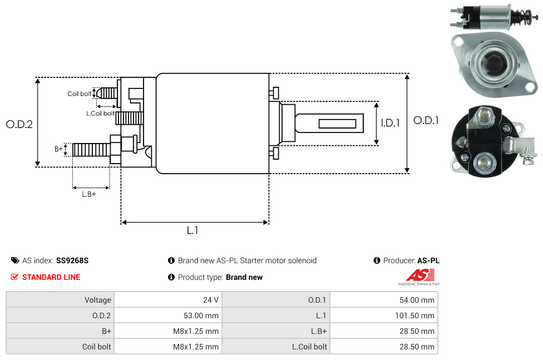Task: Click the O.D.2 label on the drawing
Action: [19, 124]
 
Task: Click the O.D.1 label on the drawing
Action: [426, 120]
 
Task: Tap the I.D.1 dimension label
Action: [390, 123]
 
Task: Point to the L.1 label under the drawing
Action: [192, 230]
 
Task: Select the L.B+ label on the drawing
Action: [89, 194]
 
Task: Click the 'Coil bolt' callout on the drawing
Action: [79, 93]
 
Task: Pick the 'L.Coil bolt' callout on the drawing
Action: [100, 114]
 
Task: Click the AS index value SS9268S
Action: [72, 260]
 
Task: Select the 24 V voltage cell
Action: [211, 300]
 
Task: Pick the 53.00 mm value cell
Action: [201, 315]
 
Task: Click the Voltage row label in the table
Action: [97, 300]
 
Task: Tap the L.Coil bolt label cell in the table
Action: [309, 347]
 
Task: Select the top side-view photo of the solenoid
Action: [492, 16]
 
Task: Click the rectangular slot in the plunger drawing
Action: [338, 123]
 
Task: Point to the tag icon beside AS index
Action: [15, 260]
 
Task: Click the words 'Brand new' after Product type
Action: [244, 277]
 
